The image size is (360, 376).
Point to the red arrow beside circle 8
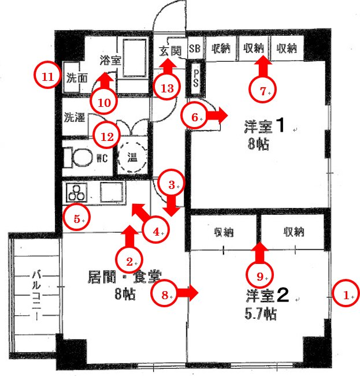pyautogui.click(x=187, y=293)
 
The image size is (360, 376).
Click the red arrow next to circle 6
pyautogui.click(x=217, y=116)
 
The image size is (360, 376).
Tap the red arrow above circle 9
pyautogui.click(x=260, y=253)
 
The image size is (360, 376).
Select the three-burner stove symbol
pyautogui.click(x=76, y=193)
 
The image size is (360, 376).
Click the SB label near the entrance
pyautogui.click(x=195, y=49)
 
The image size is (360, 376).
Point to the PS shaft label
pyautogui.click(x=196, y=78)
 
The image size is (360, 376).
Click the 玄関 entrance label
pyautogui.click(x=170, y=51)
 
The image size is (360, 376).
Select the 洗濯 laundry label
pyautogui.click(x=75, y=117)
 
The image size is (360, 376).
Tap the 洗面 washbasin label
pyautogui.click(x=77, y=78)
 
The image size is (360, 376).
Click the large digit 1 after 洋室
pyautogui.click(x=279, y=125)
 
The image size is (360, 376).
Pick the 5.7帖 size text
pyautogui.click(x=261, y=314)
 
